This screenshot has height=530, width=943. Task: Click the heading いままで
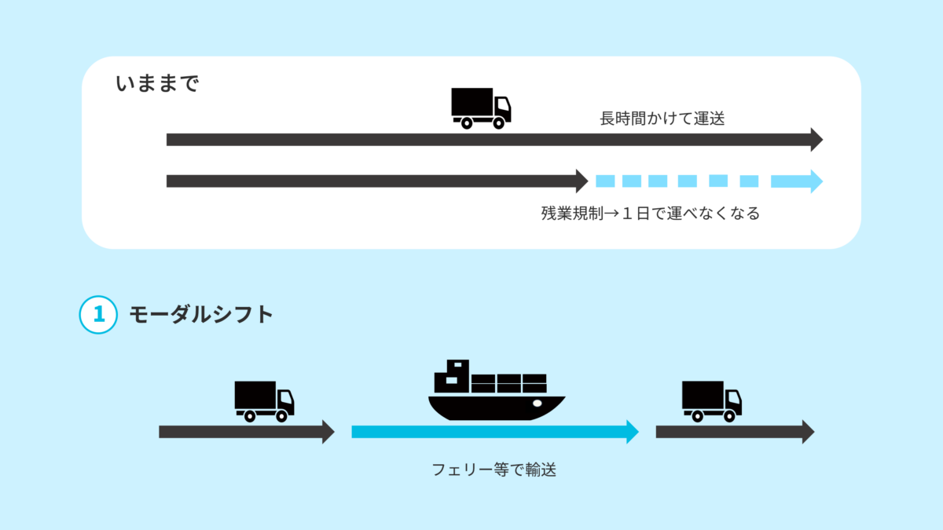click(157, 84)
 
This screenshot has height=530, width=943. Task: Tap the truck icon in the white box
click(481, 108)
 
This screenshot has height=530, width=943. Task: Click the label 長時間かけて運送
click(661, 119)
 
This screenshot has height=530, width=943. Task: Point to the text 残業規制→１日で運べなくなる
click(650, 214)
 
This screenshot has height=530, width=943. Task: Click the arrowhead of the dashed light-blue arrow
click(814, 181)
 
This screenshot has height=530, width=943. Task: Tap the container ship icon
click(496, 393)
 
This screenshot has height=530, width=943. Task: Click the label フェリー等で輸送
click(494, 470)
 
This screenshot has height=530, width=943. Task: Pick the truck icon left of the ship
click(264, 401)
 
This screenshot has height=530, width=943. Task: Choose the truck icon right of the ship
click(711, 401)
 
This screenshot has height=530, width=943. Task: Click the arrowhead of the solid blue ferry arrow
click(632, 432)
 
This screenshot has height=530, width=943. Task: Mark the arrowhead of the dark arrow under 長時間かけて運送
click(816, 140)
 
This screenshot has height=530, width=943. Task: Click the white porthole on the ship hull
click(538, 404)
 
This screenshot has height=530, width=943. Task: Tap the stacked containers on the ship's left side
click(453, 376)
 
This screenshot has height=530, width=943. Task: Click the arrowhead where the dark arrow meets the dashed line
click(582, 181)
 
